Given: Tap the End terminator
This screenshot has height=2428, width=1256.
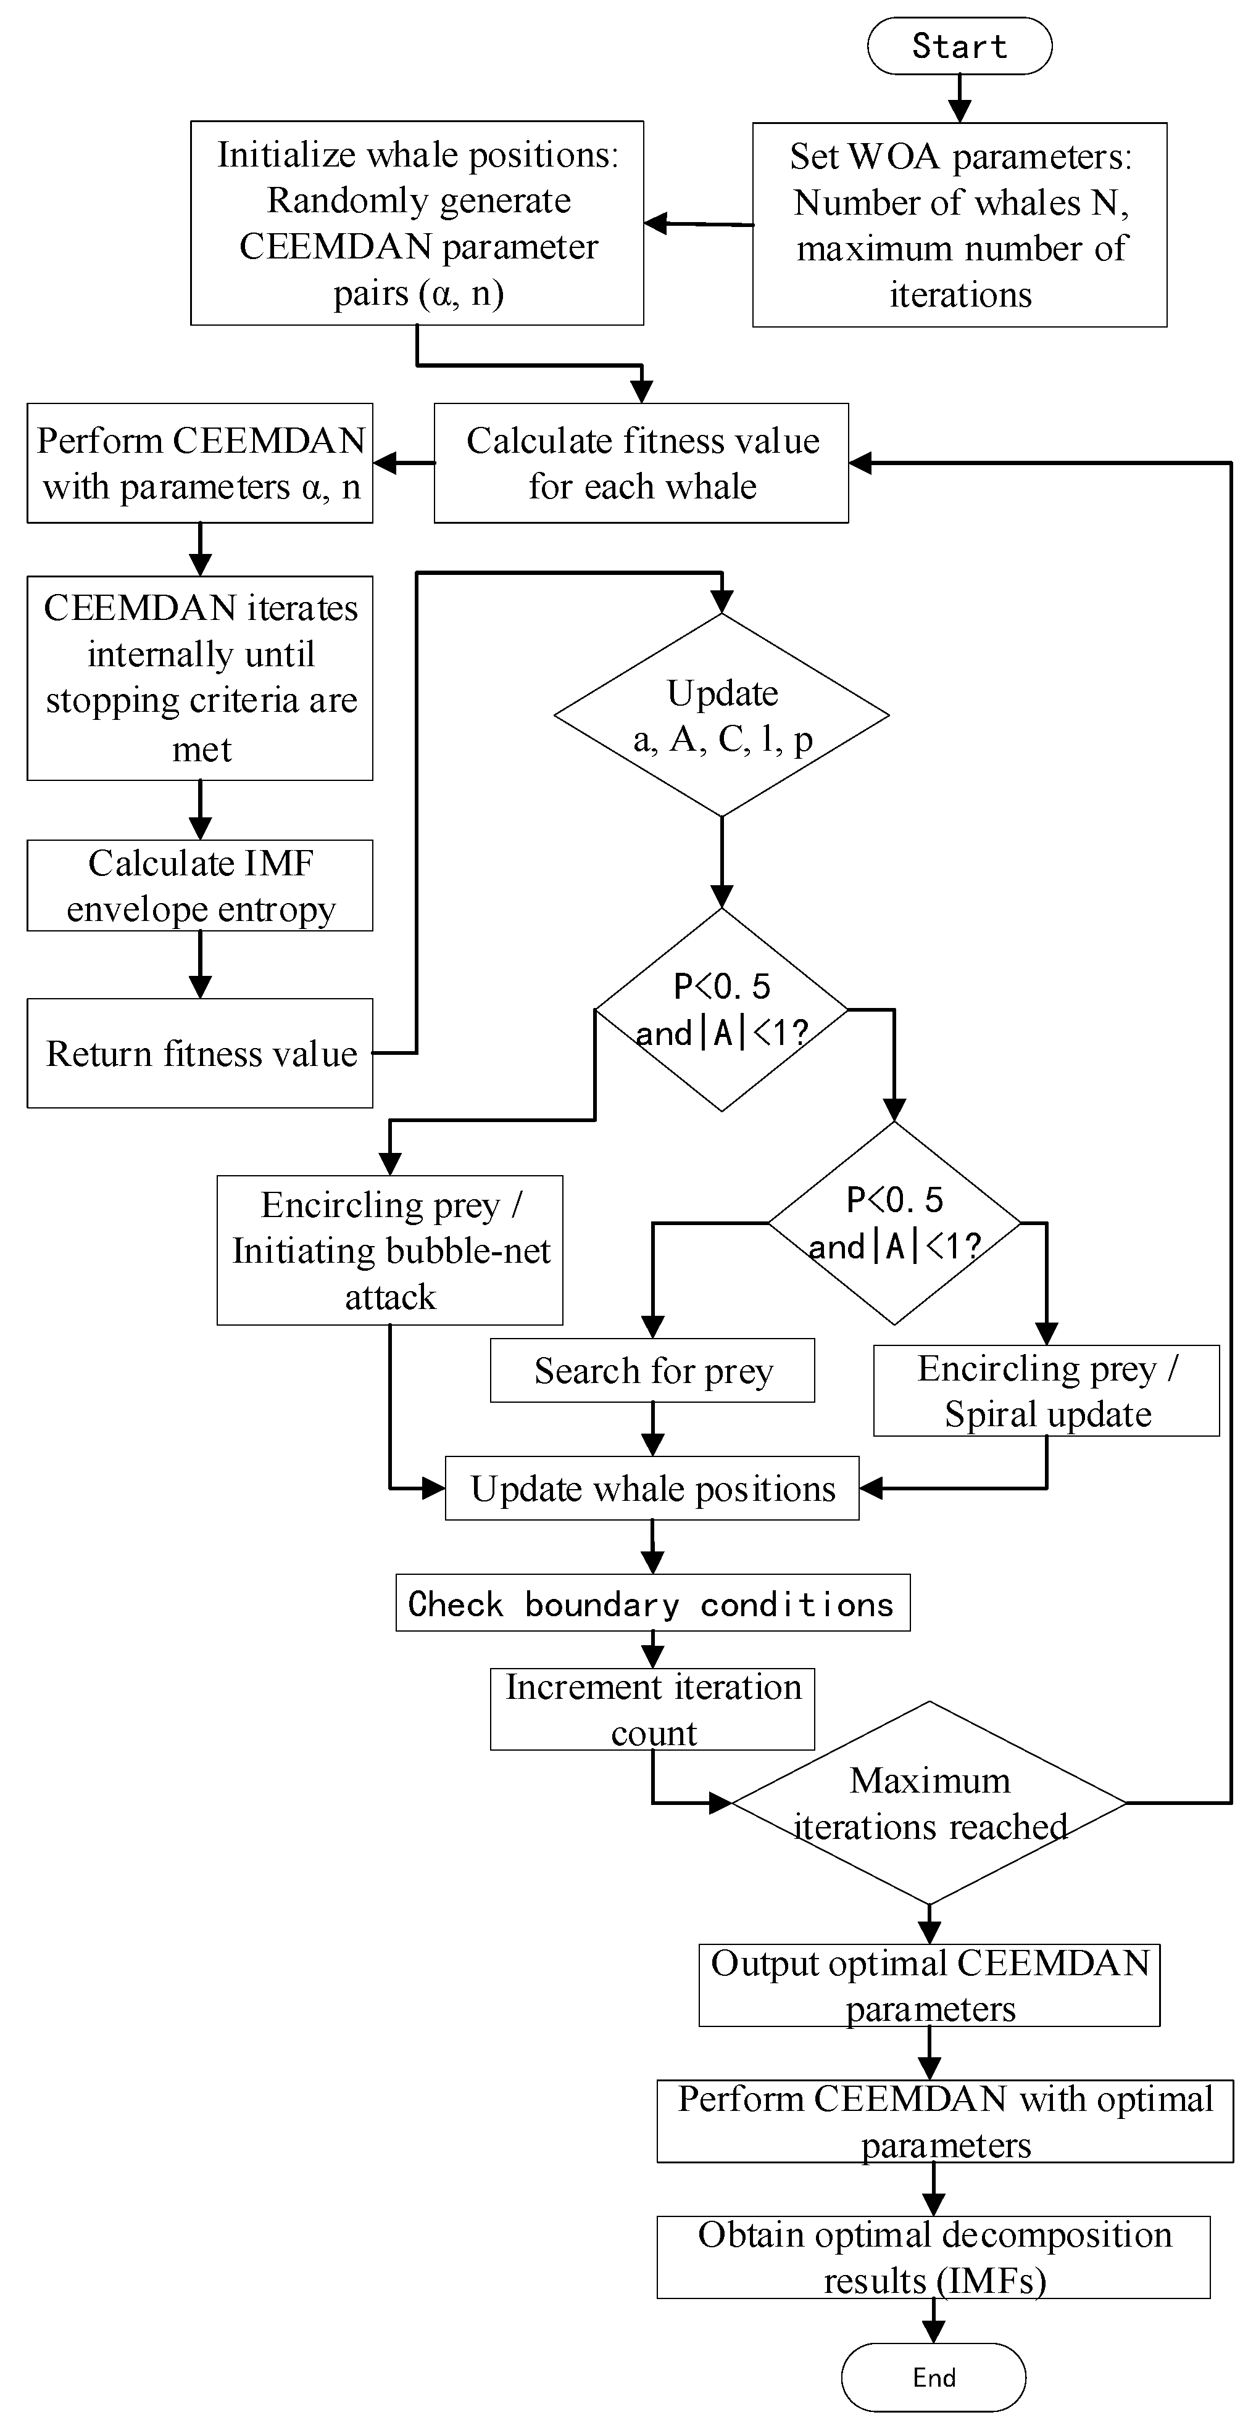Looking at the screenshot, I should click(x=933, y=2377).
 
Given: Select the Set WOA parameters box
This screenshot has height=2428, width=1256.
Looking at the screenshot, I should click(x=959, y=225).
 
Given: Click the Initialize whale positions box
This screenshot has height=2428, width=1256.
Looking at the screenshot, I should click(x=417, y=223).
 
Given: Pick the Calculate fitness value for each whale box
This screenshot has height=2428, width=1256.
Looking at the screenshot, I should click(x=641, y=463).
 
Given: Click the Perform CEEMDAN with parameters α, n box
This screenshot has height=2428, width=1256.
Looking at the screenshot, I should click(x=200, y=463).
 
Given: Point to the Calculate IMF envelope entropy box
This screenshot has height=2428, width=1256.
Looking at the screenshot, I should click(x=200, y=885).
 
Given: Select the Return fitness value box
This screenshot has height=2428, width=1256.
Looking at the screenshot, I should click(x=200, y=1053).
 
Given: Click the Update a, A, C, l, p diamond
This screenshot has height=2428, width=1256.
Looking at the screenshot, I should click(x=722, y=714).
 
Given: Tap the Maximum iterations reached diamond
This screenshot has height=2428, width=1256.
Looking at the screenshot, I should click(x=929, y=1803).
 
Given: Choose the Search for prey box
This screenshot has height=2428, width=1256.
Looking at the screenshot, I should click(x=652, y=1371).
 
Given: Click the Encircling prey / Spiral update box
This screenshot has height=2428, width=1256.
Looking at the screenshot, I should click(x=1046, y=1390).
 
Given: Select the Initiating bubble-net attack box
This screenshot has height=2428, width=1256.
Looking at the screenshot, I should click(x=389, y=1250).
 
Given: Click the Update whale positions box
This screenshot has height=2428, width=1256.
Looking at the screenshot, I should click(x=652, y=1489).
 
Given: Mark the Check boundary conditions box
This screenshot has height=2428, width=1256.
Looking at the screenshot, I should click(x=652, y=1603).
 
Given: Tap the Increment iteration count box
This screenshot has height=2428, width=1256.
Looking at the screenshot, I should click(x=652, y=1709).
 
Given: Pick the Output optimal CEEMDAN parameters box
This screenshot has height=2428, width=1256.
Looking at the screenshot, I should click(x=929, y=1985).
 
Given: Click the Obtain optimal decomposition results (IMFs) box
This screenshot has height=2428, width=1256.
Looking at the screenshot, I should click(x=933, y=2257).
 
